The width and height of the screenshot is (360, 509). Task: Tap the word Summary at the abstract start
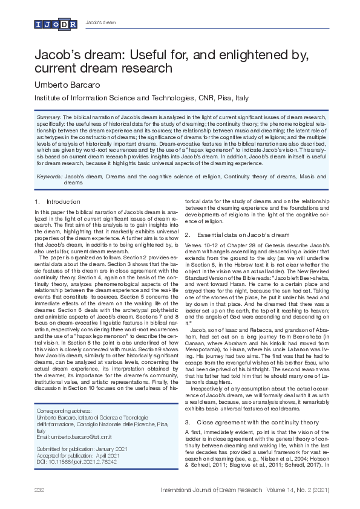48,115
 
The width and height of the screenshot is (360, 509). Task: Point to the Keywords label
48,176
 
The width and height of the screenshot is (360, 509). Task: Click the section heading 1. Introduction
57,201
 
